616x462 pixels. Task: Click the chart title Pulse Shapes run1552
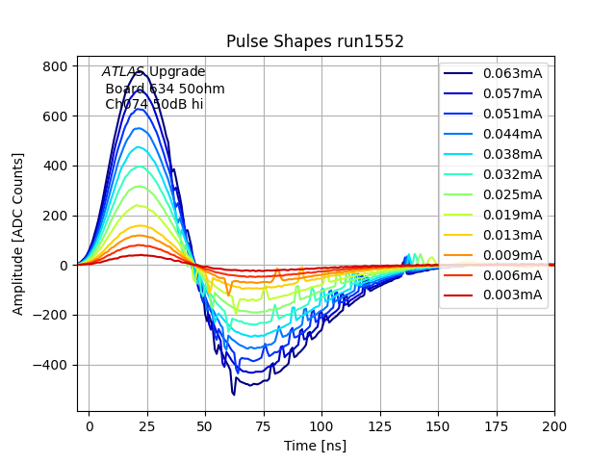point(315,41)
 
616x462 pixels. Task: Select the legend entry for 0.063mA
point(512,74)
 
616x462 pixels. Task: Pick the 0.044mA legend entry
point(512,134)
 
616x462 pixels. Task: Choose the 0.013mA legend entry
point(512,235)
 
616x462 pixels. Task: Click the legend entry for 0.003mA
point(512,295)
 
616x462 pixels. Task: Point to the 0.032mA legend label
point(512,174)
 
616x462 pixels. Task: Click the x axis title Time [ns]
point(315,446)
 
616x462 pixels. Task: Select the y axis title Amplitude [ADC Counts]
point(18,240)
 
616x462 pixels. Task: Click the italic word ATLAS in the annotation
point(123,72)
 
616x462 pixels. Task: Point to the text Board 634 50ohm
point(165,89)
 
